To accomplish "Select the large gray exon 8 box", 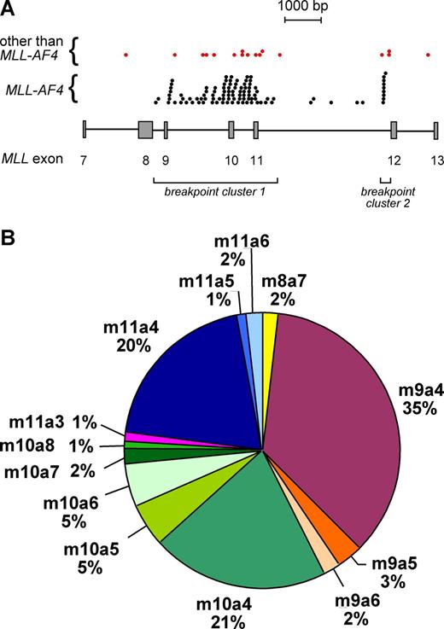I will (x=145, y=130).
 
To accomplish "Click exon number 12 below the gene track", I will (x=394, y=160).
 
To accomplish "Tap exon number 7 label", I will (x=84, y=160).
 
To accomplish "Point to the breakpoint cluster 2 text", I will (x=385, y=198).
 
